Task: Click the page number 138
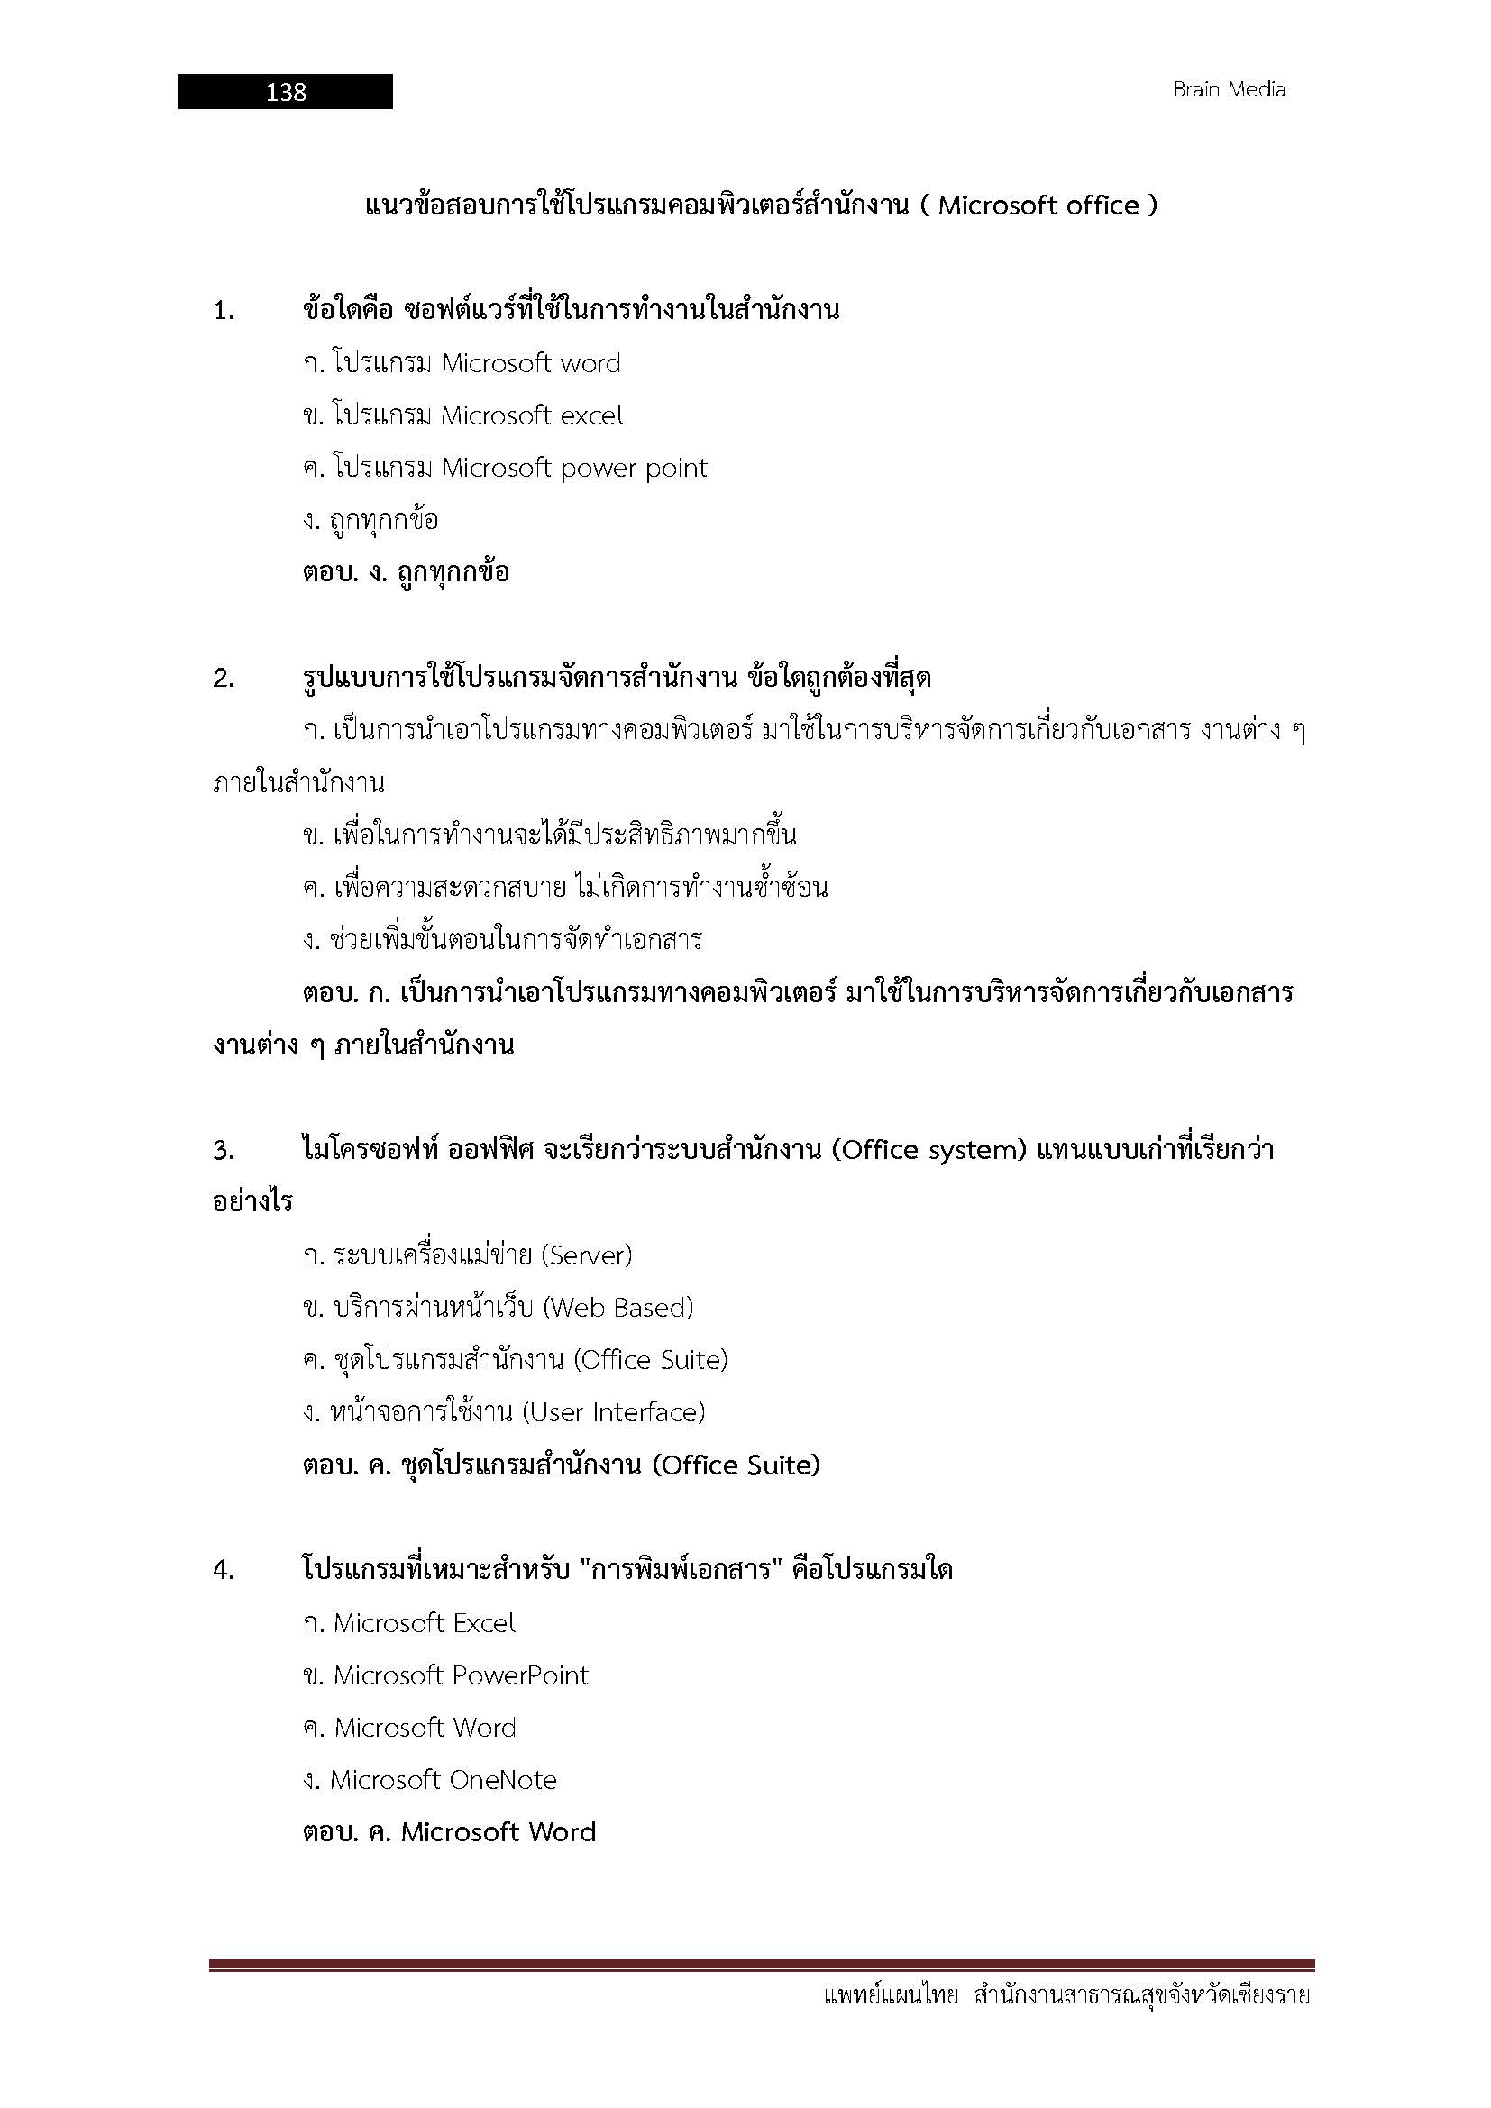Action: tap(286, 92)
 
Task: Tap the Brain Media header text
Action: tap(1229, 90)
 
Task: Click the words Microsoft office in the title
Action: tap(1038, 205)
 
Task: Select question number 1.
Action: tap(224, 311)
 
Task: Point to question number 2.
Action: tap(224, 680)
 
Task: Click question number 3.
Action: tap(224, 1150)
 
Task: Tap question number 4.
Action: tap(224, 1571)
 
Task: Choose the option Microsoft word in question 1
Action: tap(531, 363)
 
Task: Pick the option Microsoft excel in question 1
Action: tap(532, 415)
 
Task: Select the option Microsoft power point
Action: tap(574, 469)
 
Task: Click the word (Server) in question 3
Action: tap(587, 1255)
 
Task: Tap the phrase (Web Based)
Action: tap(617, 1308)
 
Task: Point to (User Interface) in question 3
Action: tap(613, 1412)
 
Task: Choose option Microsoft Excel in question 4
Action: tap(425, 1623)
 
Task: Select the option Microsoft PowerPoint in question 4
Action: tap(460, 1675)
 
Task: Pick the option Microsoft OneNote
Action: tap(444, 1780)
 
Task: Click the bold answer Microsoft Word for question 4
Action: tap(499, 1832)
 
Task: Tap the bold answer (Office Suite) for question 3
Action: tap(736, 1465)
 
